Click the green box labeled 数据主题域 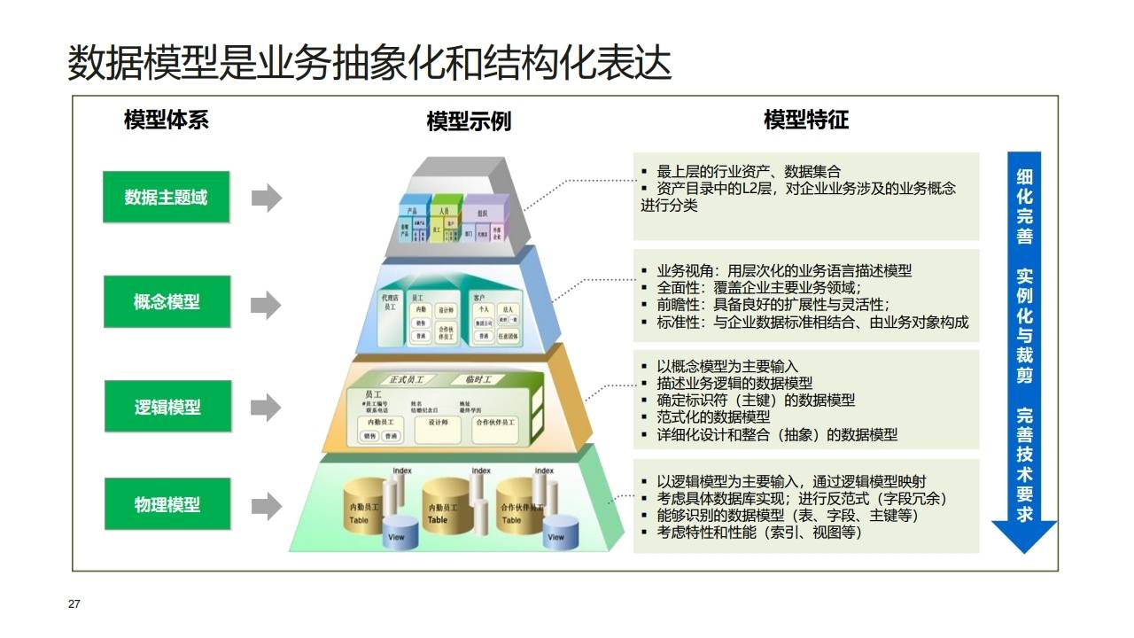pos(166,197)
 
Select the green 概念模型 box pos(166,302)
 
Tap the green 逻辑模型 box pos(167,407)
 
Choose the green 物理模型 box pos(167,504)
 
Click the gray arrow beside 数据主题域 pos(266,198)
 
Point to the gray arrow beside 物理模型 pos(266,506)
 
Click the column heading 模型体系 pos(167,120)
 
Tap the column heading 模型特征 pos(805,120)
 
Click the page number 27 pos(74,604)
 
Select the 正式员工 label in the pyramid pos(407,379)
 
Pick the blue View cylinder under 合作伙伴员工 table pos(555,532)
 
